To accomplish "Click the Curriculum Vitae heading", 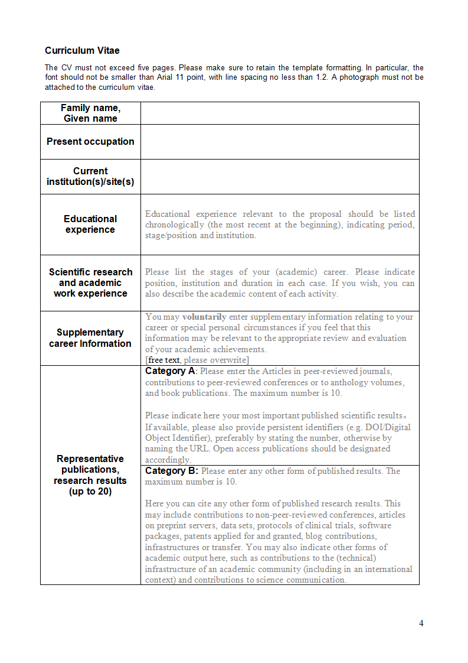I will click(82, 51).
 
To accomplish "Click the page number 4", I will click(421, 623).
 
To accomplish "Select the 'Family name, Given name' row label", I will click(90, 113).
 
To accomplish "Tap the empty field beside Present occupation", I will click(280, 142).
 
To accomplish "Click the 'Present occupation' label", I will click(90, 142).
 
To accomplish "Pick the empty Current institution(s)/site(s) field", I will click(280, 177).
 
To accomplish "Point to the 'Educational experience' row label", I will click(90, 224).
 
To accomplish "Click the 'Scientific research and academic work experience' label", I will click(90, 282).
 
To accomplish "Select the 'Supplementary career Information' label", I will click(90, 338).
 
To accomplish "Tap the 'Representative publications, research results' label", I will click(90, 469).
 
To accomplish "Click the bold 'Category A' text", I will click(170, 371).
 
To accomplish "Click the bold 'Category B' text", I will click(171, 471).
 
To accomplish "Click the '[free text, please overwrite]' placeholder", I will click(197, 360).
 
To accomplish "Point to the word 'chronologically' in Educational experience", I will click(175, 225).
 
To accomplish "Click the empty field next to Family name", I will click(280, 113).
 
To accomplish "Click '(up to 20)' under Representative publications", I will click(90, 492).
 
